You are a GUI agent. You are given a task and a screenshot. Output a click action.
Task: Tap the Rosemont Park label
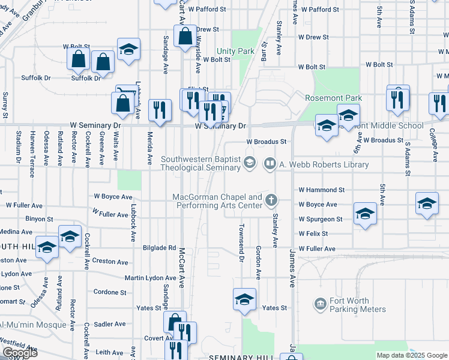click(x=333, y=98)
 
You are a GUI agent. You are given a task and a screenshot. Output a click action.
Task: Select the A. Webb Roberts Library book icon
click(x=270, y=164)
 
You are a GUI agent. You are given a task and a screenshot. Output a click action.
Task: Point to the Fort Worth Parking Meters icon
click(x=320, y=305)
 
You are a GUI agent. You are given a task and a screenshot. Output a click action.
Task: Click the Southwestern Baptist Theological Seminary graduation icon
click(x=249, y=162)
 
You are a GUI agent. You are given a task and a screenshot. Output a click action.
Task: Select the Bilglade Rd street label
click(x=158, y=248)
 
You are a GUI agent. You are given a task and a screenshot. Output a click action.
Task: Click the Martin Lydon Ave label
click(x=150, y=278)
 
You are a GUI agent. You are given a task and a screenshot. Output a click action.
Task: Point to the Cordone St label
click(x=110, y=293)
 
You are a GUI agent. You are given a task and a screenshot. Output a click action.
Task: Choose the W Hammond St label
click(x=322, y=190)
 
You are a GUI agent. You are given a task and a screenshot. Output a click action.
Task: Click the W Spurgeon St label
click(x=321, y=219)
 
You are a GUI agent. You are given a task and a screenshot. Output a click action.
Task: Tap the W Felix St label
click(x=313, y=233)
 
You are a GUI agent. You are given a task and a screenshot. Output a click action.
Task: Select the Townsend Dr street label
click(x=241, y=243)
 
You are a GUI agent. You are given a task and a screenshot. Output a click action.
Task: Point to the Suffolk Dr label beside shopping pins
click(x=85, y=78)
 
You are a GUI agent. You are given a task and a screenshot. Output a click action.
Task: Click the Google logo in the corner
click(x=20, y=353)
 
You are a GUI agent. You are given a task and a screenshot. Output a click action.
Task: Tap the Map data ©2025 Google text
click(x=411, y=355)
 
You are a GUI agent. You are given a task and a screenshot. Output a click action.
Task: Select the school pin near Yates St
click(x=244, y=300)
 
